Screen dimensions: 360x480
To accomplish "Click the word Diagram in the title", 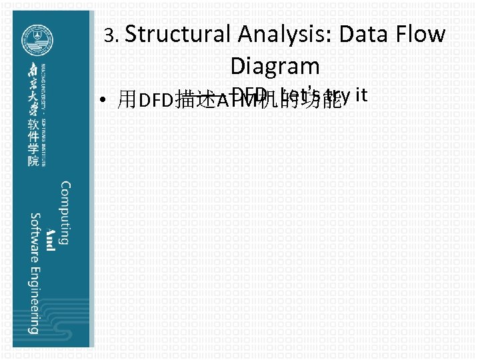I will [275, 66].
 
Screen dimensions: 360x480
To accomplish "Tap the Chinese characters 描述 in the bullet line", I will [195, 101].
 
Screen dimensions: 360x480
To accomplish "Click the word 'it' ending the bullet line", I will [361, 95].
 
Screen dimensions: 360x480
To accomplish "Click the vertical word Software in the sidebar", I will [34, 238].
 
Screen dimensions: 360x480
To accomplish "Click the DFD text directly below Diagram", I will [251, 95].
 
